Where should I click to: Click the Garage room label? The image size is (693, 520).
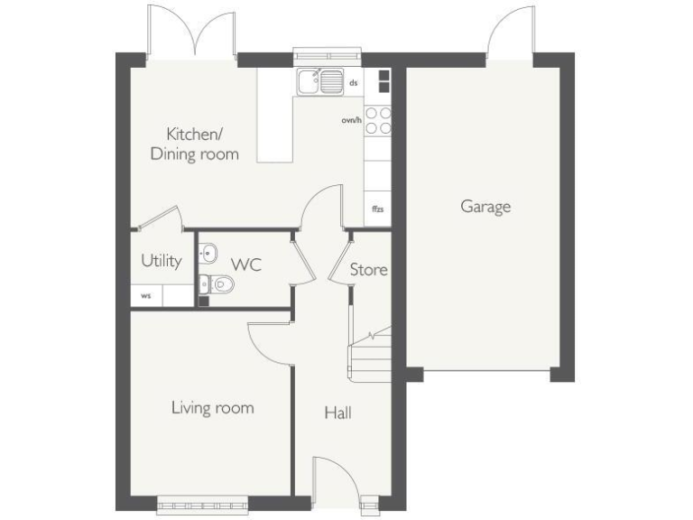coord(485,207)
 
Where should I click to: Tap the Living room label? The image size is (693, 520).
coord(212,408)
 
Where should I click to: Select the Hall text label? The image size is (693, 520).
coord(337,413)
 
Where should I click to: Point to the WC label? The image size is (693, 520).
coord(246,265)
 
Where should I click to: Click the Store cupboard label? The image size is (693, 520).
coord(368,269)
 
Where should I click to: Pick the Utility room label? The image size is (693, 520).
coord(162,261)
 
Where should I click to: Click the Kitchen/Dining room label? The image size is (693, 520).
coord(194,144)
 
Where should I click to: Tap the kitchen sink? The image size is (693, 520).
coord(320,82)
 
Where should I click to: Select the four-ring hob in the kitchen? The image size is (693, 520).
coord(378,121)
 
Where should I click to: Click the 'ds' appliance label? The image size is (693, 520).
coord(354,81)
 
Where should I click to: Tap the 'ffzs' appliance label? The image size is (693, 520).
coord(377,209)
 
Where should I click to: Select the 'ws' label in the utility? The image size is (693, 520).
coord(145,295)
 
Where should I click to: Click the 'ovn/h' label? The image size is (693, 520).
coord(352,120)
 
